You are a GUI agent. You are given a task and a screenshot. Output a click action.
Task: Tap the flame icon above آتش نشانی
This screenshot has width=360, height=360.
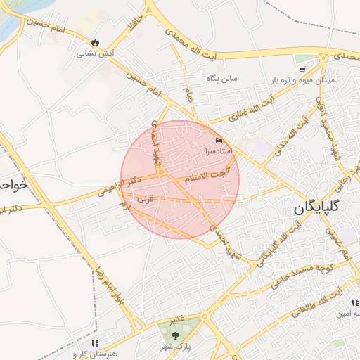(x=95, y=42)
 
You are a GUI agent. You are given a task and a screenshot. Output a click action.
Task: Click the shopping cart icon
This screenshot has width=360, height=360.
(x=302, y=69)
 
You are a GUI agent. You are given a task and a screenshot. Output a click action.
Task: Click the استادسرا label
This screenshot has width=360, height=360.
(x=219, y=150)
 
